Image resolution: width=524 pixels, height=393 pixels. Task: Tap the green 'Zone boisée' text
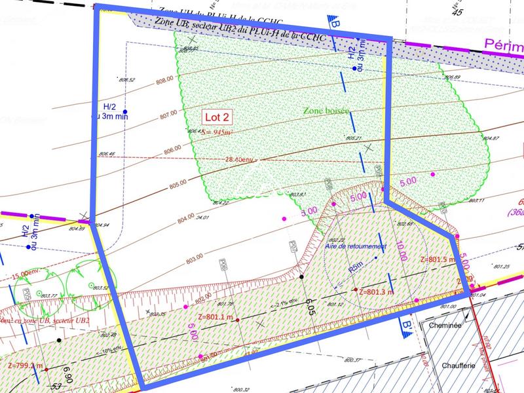coord(327,111)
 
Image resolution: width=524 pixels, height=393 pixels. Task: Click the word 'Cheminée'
coord(445,325)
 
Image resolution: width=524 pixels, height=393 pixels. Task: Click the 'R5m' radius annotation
coord(356,267)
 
